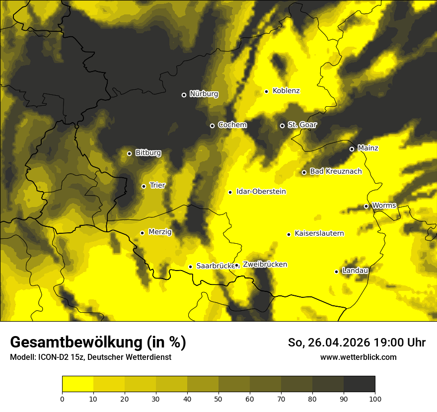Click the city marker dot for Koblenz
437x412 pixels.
point(267,91)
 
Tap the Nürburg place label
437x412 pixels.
point(204,94)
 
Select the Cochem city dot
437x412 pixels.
point(212,126)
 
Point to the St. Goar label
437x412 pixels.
point(302,125)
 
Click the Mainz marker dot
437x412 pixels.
point(352,149)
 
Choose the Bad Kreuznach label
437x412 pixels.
point(336,172)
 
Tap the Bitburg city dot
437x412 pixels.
point(129,153)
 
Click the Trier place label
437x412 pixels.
point(157,186)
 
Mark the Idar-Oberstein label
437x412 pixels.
point(261,192)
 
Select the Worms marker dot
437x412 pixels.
point(366,206)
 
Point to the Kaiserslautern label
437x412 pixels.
point(319,234)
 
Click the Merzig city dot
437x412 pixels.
point(142,233)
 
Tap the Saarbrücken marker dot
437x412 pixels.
point(190,267)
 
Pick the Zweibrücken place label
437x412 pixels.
point(265,265)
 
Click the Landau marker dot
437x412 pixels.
point(336,272)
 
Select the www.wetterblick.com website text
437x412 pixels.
point(358,357)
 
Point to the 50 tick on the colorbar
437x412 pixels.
point(218,399)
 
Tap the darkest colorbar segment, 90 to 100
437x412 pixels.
point(359,384)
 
